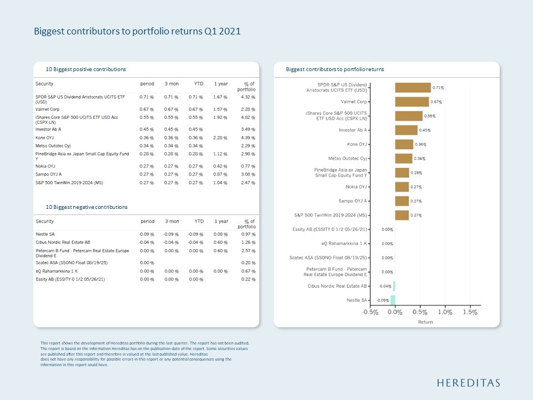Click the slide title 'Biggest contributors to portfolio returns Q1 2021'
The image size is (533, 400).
tap(137, 32)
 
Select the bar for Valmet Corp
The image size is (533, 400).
tap(411, 102)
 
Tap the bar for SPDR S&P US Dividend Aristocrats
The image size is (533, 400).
tap(413, 88)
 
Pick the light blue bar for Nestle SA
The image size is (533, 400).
tap(393, 300)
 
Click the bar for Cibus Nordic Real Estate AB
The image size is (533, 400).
tap(394, 286)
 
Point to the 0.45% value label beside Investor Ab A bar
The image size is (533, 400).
tap(424, 130)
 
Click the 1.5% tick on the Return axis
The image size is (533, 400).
tap(470, 312)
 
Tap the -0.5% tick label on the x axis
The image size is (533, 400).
tap(370, 312)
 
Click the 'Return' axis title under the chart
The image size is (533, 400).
tap(425, 322)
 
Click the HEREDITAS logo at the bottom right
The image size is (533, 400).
tap(468, 383)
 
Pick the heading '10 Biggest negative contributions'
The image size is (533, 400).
tap(87, 207)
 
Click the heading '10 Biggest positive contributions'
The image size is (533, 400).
tap(86, 69)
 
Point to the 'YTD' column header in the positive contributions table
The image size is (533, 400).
tap(198, 83)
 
